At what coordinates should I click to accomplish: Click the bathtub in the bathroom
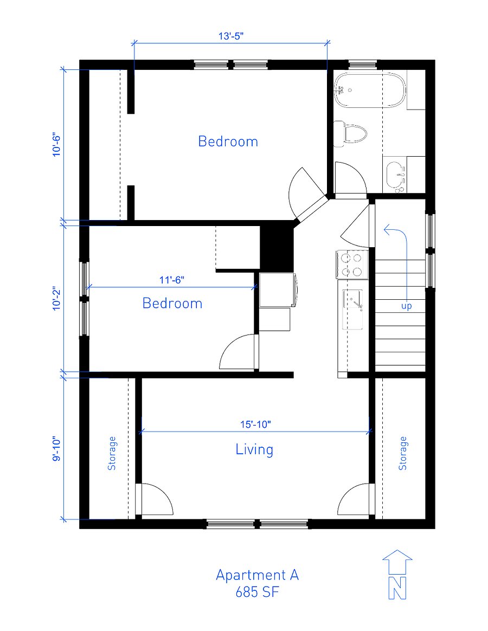[x=369, y=90]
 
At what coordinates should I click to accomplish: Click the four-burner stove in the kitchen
[x=352, y=265]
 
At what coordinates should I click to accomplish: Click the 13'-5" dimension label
[x=231, y=36]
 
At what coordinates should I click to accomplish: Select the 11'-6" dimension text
[x=172, y=280]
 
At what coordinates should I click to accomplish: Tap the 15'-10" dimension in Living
[x=256, y=424]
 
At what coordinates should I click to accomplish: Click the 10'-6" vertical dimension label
[x=56, y=145]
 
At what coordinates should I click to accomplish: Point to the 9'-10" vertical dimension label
[x=56, y=449]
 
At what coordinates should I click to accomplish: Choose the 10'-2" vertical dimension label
[x=56, y=298]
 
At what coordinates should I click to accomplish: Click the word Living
[x=254, y=449]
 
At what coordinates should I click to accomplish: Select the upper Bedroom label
[x=228, y=141]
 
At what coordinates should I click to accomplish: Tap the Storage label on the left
[x=112, y=453]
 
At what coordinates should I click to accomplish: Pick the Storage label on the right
[x=402, y=453]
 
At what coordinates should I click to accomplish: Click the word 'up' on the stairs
[x=406, y=306]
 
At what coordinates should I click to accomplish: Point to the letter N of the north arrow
[x=397, y=588]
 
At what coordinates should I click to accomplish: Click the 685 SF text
[x=258, y=592]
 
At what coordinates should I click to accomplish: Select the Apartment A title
[x=258, y=575]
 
